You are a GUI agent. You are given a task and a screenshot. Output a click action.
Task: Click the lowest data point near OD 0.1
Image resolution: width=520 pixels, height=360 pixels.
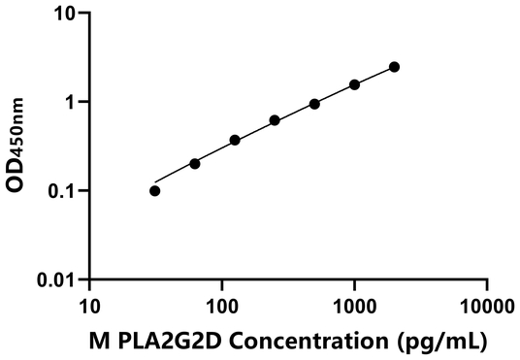click(x=155, y=190)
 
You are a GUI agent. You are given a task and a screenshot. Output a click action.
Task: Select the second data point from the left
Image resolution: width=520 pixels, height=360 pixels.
click(x=195, y=163)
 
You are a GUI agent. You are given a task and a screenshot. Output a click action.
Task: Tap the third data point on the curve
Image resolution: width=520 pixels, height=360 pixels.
click(x=235, y=140)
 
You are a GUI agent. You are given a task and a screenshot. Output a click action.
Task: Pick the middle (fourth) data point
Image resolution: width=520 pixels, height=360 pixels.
click(x=275, y=120)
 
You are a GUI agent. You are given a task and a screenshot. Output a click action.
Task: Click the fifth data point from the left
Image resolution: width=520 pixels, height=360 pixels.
click(x=314, y=104)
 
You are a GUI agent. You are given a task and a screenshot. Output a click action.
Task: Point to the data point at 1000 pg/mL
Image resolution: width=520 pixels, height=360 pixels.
click(x=354, y=84)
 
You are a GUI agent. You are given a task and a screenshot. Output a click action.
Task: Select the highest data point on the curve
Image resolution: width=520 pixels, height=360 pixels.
click(x=394, y=67)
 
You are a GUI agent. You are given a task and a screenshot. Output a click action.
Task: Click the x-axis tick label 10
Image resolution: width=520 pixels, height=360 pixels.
click(x=89, y=307)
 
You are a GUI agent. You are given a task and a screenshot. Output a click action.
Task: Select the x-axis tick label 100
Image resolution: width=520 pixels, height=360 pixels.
click(x=222, y=307)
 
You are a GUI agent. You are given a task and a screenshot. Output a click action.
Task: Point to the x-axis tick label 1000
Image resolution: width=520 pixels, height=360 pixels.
click(x=354, y=307)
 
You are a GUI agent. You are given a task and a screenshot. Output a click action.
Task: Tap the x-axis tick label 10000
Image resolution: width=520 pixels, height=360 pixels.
click(x=486, y=307)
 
